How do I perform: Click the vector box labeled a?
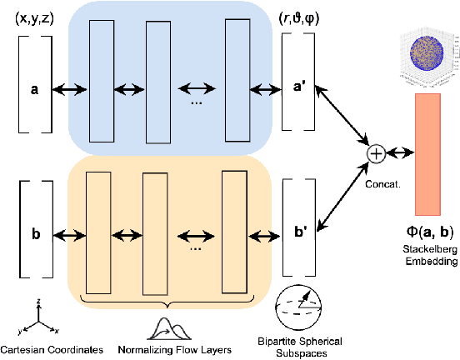(34, 86)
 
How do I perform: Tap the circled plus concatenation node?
(376, 153)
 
